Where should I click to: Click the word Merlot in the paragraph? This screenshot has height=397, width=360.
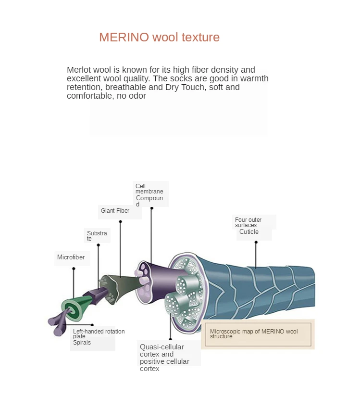[78, 70]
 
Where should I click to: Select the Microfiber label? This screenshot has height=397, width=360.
[71, 257]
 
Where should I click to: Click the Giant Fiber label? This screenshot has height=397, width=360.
[115, 211]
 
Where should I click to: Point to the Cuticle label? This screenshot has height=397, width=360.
[249, 232]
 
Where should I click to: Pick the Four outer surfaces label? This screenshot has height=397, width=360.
[248, 222]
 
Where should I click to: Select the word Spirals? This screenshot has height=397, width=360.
[82, 343]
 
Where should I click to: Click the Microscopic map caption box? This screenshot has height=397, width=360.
[258, 333]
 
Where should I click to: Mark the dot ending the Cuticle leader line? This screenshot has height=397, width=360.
[256, 242]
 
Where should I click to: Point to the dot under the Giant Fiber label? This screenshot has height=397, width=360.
[120, 221]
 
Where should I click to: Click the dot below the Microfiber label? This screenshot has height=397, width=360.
[74, 269]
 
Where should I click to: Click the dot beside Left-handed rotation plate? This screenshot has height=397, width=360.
[92, 325]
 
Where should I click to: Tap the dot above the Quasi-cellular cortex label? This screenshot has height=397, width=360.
[170, 339]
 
